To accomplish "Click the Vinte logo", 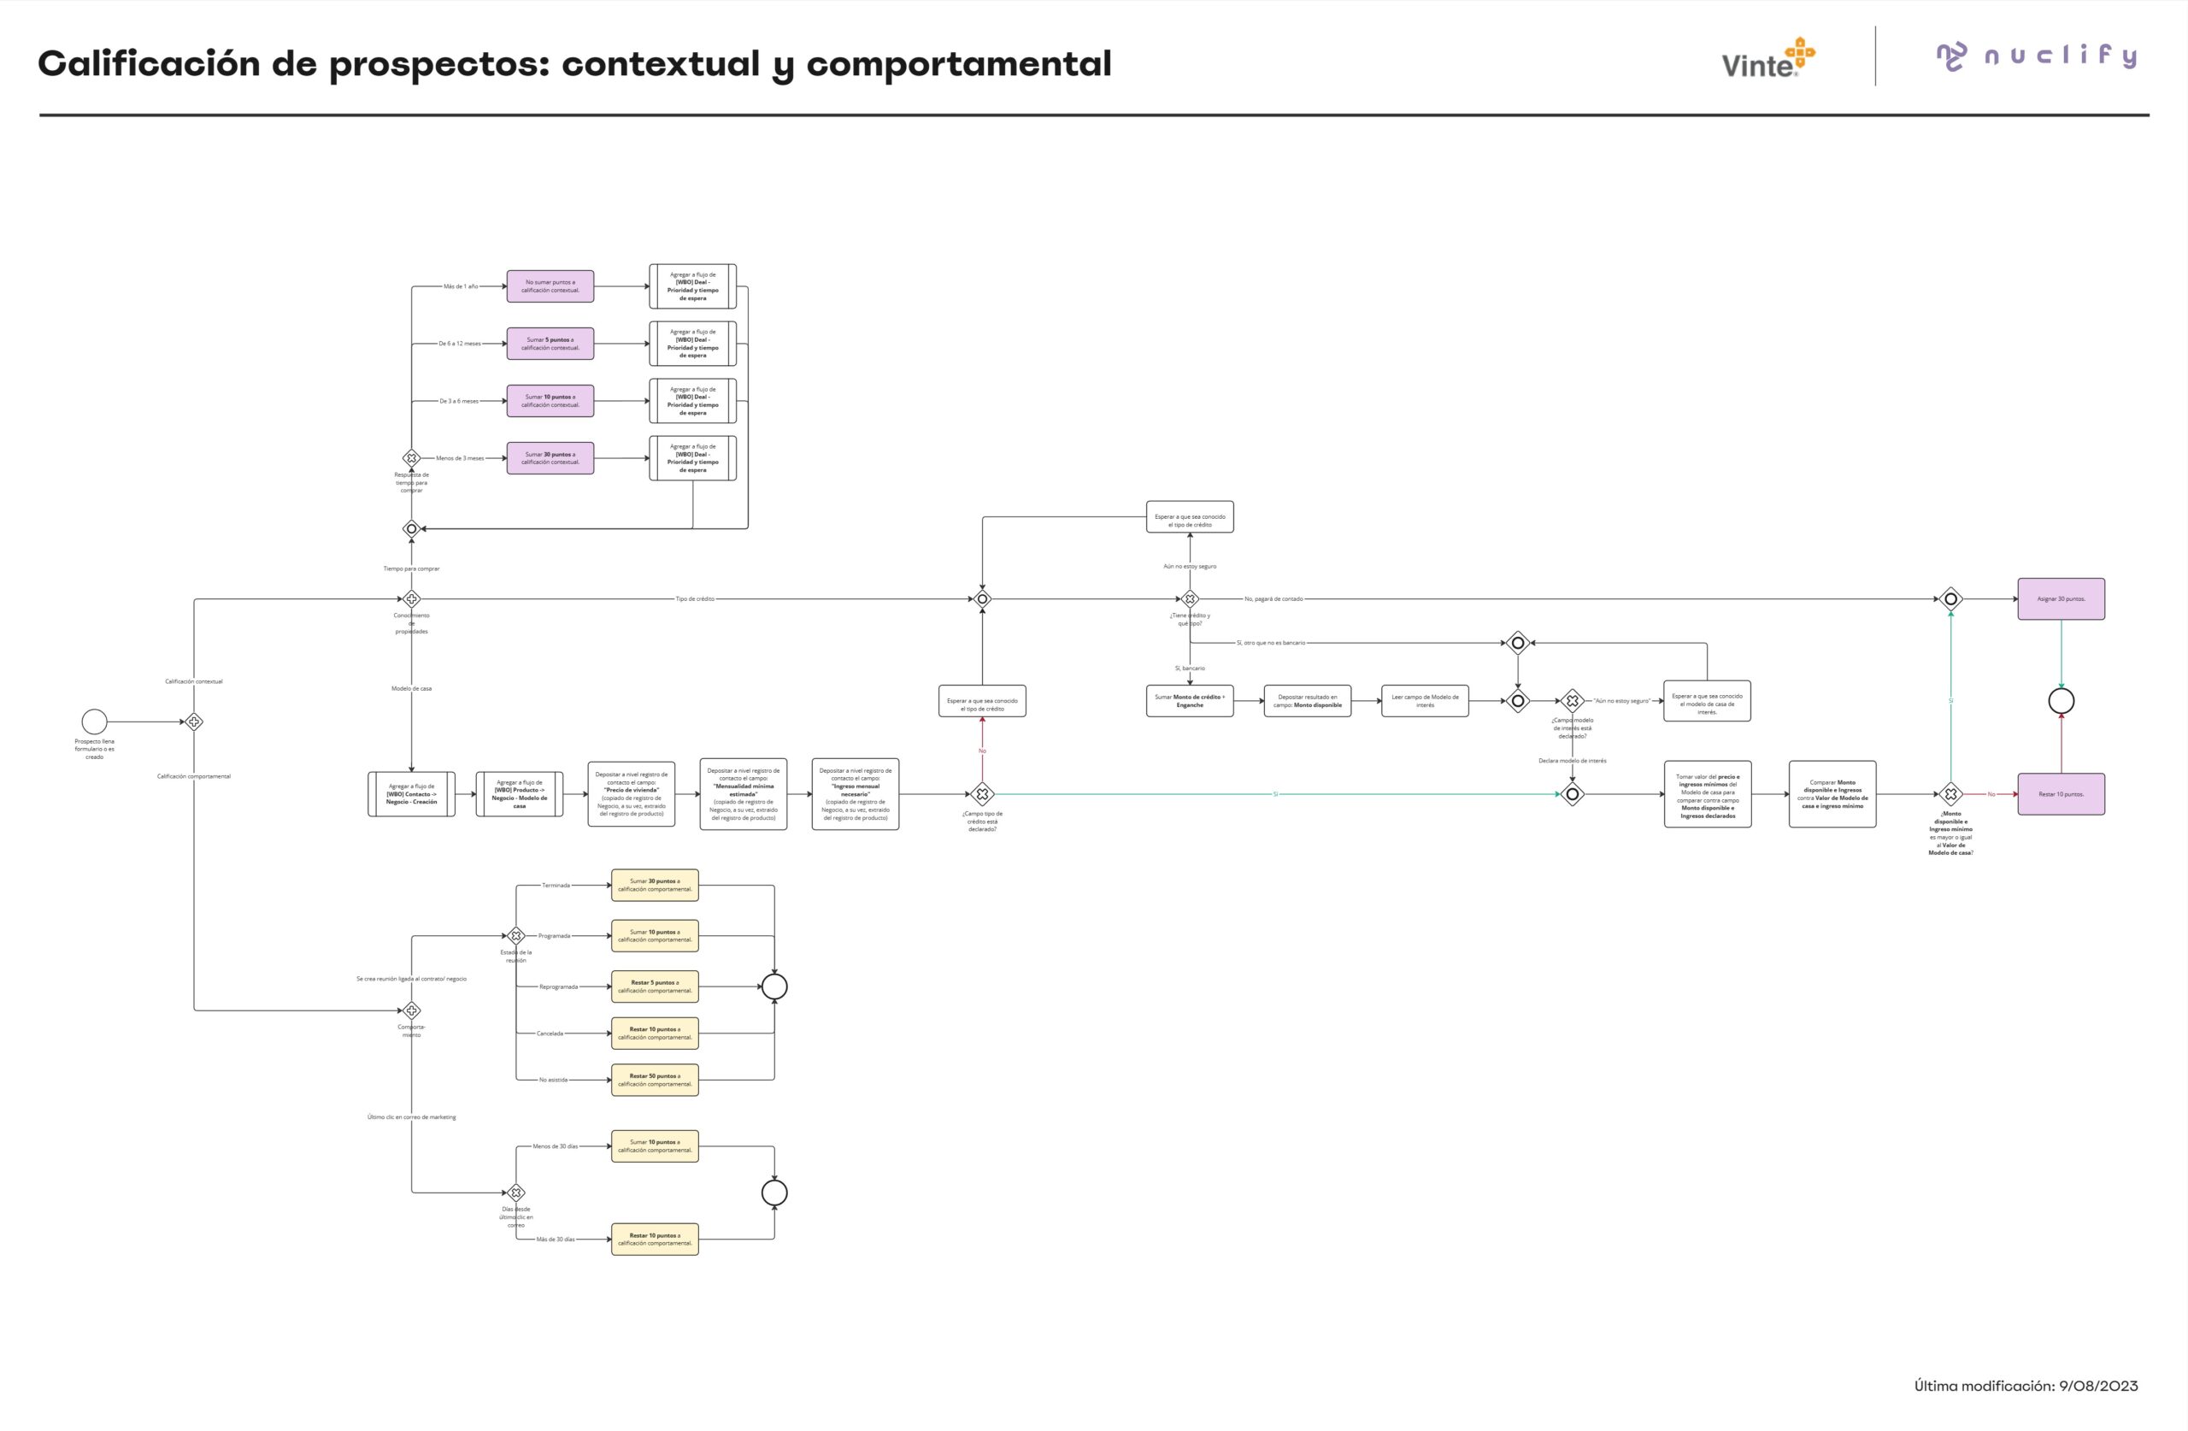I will point(1767,59).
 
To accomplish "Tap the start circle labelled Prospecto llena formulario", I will point(95,722).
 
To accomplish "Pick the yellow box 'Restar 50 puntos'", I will point(655,1080).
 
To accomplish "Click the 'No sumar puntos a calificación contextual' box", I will point(550,286).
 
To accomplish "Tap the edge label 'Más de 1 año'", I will point(461,286).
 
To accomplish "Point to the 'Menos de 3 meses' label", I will point(460,458).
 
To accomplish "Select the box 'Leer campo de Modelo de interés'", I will point(1424,701).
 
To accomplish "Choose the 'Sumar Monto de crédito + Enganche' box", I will point(1190,701).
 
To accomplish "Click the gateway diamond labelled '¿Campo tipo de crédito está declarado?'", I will point(982,793).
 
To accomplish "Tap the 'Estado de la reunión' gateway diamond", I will point(515,935).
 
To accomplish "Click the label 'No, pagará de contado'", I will point(1273,598).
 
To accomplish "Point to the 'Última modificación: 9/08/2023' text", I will point(2026,1385).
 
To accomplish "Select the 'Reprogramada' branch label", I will point(558,986).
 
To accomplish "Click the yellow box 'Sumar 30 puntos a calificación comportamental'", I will point(655,885).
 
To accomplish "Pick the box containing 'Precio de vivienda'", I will point(631,793).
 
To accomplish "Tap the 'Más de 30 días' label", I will point(556,1239).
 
